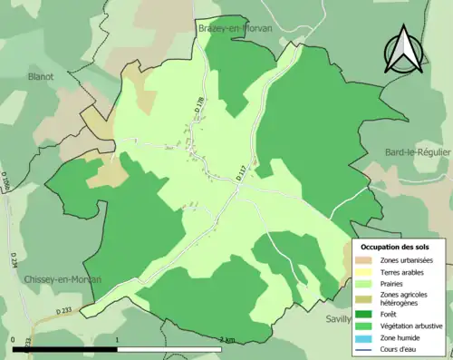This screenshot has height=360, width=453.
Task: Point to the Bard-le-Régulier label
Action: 418,152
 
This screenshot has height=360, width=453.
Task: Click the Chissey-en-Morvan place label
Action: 63,279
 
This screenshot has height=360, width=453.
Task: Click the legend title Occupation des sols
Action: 396,247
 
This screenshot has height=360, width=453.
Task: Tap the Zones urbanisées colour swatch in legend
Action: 366,260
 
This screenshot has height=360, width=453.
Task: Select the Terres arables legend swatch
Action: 366,272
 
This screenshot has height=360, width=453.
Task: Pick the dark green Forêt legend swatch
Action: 366,313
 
